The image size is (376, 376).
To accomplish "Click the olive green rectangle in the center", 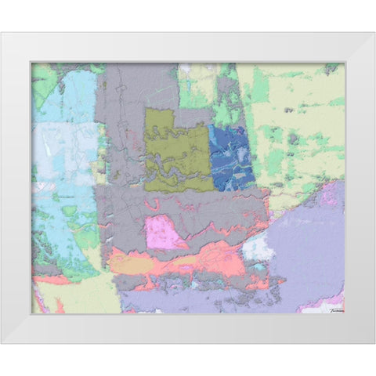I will point(176,149).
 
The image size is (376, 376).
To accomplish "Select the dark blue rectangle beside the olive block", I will point(232,157).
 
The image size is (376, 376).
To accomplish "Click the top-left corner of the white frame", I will point(2,33).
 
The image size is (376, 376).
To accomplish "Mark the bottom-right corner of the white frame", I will point(374,343).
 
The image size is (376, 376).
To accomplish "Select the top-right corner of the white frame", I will point(374,33).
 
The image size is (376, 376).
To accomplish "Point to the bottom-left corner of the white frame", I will point(2,343).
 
